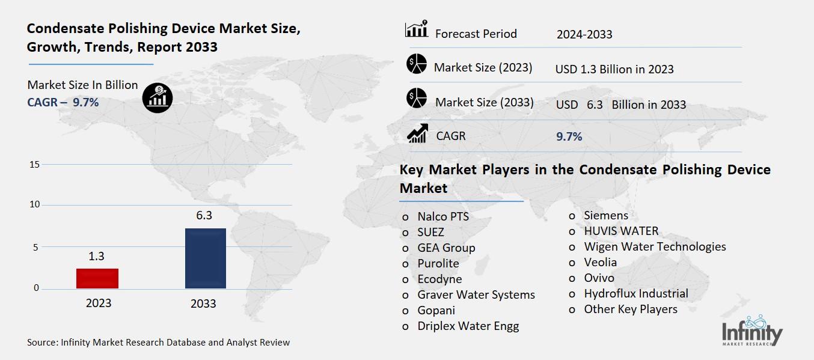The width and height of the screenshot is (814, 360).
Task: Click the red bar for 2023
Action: tap(97, 278)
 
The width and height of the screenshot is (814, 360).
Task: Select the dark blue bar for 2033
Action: tap(205, 258)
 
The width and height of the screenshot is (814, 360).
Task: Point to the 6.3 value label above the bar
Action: tap(204, 215)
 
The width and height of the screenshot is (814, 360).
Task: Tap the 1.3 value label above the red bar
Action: tap(96, 256)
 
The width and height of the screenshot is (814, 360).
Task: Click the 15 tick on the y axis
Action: tap(34, 165)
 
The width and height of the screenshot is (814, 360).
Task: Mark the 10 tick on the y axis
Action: tap(34, 205)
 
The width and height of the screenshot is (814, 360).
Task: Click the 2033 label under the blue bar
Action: tap(203, 304)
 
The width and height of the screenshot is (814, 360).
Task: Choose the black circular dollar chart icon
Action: tap(158, 97)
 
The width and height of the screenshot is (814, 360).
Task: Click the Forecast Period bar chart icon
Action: tap(416, 29)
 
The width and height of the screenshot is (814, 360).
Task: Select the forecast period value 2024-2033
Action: tap(584, 34)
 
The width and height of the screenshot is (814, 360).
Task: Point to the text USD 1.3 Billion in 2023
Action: tap(614, 69)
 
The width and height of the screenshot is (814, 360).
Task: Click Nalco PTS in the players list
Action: tap(442, 216)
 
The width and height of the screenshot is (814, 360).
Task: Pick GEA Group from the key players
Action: tap(446, 248)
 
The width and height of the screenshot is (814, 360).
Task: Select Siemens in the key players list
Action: tap(605, 215)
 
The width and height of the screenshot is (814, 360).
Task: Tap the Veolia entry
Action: tap(600, 262)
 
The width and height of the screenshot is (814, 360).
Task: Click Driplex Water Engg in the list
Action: tap(468, 326)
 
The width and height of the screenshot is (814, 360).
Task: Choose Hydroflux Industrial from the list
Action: tap(635, 293)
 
